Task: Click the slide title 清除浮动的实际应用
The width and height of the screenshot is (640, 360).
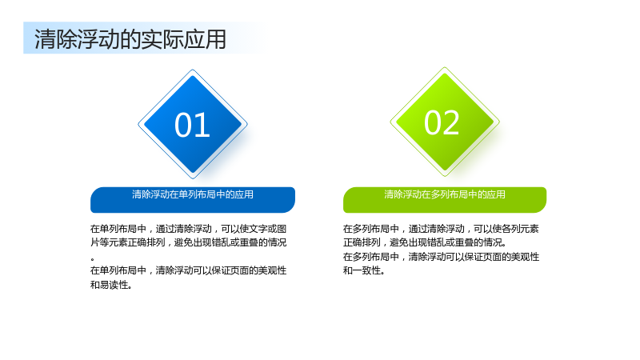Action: click(130, 39)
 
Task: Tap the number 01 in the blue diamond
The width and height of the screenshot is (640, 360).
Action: click(192, 125)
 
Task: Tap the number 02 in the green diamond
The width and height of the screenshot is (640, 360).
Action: click(442, 122)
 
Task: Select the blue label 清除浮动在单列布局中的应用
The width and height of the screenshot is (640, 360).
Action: click(193, 194)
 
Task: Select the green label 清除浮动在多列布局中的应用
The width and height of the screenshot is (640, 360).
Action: click(445, 194)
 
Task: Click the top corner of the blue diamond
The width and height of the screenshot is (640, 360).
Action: click(193, 70)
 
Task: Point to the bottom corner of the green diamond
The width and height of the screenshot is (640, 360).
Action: click(445, 176)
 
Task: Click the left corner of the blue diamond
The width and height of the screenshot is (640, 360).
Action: click(138, 124)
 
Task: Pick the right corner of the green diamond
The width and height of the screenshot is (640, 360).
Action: click(499, 122)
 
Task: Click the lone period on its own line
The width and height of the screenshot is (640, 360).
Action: click(93, 258)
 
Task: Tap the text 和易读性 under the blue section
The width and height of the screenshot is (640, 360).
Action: click(111, 285)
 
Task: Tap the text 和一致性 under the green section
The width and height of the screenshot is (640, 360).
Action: click(364, 270)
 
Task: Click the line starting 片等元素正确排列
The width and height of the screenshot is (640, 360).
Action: click(189, 242)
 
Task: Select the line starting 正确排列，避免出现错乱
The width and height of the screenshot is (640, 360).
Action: click(425, 242)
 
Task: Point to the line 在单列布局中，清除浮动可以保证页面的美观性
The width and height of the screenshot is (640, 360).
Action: click(189, 270)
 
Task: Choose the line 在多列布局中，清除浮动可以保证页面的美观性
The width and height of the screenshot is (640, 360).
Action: click(442, 257)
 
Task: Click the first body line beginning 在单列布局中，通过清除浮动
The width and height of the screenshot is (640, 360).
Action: click(189, 229)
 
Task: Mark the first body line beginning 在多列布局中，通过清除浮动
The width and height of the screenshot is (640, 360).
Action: click(441, 229)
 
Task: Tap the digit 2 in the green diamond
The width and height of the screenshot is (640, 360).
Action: click(452, 122)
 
